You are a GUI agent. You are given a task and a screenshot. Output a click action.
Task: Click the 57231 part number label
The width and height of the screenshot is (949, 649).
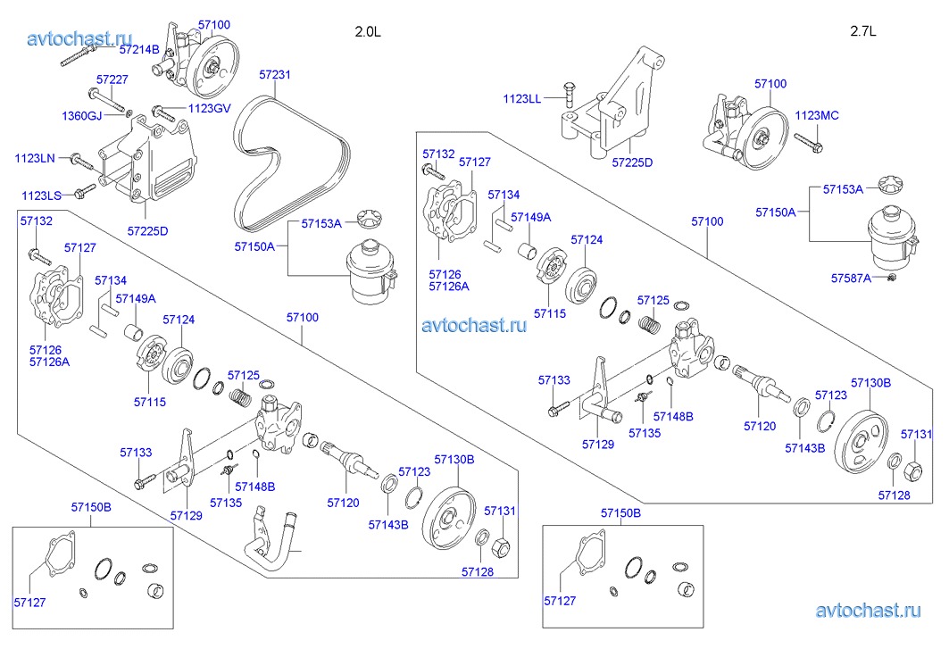(275, 75)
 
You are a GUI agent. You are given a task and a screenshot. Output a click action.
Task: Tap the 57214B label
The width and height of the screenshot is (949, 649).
(139, 49)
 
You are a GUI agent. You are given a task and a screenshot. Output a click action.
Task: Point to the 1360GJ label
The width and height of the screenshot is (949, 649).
(81, 116)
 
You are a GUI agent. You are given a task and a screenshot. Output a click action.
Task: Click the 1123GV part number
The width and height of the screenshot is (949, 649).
(209, 109)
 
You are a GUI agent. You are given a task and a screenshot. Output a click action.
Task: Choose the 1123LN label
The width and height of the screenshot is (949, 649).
(35, 158)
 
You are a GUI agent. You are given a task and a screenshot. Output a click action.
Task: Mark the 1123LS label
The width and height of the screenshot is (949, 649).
(41, 194)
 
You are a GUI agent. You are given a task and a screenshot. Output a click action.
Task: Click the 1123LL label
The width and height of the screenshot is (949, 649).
(521, 98)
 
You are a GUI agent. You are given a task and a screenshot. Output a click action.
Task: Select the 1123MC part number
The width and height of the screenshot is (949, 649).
(817, 115)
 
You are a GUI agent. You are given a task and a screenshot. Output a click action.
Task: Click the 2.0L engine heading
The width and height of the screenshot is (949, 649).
(368, 31)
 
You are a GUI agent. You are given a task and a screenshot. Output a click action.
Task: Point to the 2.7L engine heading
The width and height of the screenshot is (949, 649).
(863, 31)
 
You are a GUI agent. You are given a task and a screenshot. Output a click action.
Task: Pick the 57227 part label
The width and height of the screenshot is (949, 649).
(112, 79)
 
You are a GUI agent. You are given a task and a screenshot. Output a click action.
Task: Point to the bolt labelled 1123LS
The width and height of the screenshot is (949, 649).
(86, 190)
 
